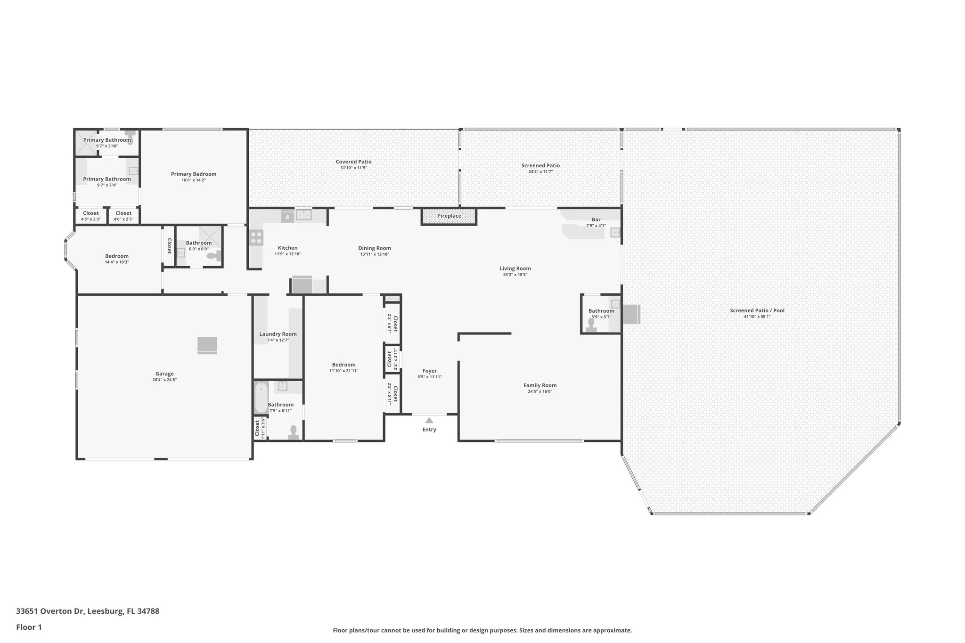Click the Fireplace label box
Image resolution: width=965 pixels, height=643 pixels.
point(449,216)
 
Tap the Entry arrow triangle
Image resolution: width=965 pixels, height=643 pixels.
point(429,420)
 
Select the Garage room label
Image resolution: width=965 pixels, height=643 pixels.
point(164,374)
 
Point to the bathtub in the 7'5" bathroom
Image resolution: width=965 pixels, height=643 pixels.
point(261,398)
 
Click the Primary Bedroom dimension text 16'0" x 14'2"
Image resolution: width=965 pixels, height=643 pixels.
point(193,180)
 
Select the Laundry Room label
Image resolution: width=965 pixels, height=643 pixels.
point(278,334)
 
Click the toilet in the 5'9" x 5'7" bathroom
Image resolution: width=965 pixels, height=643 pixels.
point(591,326)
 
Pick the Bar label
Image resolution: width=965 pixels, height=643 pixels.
point(596,220)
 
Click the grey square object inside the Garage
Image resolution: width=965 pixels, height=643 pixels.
point(207,345)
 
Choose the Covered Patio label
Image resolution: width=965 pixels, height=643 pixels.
point(353,162)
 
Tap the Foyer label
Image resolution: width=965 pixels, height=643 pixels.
point(429,371)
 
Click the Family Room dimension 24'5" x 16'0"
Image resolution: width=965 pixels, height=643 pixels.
point(540,391)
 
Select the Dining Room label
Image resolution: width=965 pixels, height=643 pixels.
point(374,248)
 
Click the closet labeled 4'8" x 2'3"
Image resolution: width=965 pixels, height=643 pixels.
point(91,216)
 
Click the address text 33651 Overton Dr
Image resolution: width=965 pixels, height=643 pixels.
point(50,611)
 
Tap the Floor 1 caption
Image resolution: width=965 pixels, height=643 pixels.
point(29,627)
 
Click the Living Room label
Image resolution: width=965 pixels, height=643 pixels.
point(515,269)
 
